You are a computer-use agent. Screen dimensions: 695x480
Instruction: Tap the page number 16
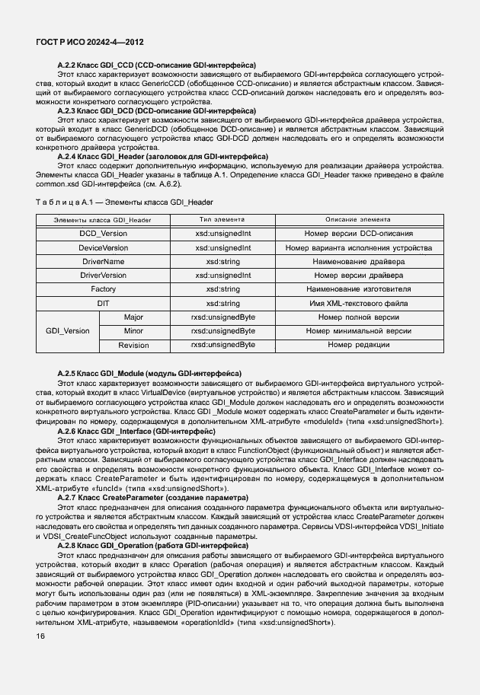tap(40, 635)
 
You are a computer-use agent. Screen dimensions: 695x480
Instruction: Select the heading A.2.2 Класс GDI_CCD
tap(156, 65)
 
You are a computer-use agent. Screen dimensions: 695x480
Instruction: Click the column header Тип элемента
tap(222, 219)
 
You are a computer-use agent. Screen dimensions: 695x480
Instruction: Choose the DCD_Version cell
tap(104, 234)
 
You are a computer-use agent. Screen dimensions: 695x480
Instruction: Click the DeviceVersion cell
tap(104, 247)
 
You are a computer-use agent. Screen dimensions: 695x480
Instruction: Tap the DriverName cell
tap(104, 261)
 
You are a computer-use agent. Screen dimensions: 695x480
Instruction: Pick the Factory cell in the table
tap(104, 289)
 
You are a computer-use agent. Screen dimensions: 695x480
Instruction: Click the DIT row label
tap(104, 303)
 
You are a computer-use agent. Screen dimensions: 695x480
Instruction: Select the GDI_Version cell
tap(68, 331)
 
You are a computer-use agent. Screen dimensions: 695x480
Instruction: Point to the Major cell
tap(133, 317)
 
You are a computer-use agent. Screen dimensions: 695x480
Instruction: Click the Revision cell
tap(133, 345)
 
